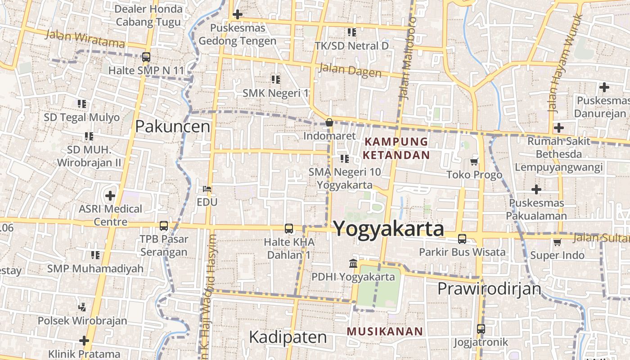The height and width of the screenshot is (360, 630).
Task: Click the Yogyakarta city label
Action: [x=389, y=228]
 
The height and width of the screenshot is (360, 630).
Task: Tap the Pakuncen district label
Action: [x=173, y=126]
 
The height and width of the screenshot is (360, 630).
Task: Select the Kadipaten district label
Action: [x=288, y=337]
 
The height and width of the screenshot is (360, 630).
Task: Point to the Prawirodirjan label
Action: [x=489, y=288]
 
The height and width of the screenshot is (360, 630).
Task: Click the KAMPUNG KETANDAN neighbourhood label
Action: [x=396, y=148]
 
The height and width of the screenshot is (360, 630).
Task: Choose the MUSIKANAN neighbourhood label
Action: [x=385, y=332]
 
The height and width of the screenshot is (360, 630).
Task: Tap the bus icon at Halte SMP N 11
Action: [x=146, y=57]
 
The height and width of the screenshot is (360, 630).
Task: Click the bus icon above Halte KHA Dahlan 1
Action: [x=288, y=229]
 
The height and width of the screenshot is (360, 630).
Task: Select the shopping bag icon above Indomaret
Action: [x=329, y=122]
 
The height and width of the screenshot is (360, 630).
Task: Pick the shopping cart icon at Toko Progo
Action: [x=474, y=162]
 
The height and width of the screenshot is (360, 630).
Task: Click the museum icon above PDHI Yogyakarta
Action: [x=353, y=263]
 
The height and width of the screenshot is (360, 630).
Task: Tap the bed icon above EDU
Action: [x=207, y=189]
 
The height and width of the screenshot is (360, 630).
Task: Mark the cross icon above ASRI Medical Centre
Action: [x=110, y=196]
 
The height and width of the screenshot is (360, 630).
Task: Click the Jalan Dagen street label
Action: [x=350, y=71]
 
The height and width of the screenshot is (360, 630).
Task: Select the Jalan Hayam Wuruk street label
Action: [x=565, y=63]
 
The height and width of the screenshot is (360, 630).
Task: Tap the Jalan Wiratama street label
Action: [x=85, y=39]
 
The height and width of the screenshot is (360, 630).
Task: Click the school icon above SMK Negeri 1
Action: [x=276, y=80]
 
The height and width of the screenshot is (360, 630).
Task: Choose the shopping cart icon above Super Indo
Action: [x=557, y=243]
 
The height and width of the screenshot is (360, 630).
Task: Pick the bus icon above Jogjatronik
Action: [x=481, y=329]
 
